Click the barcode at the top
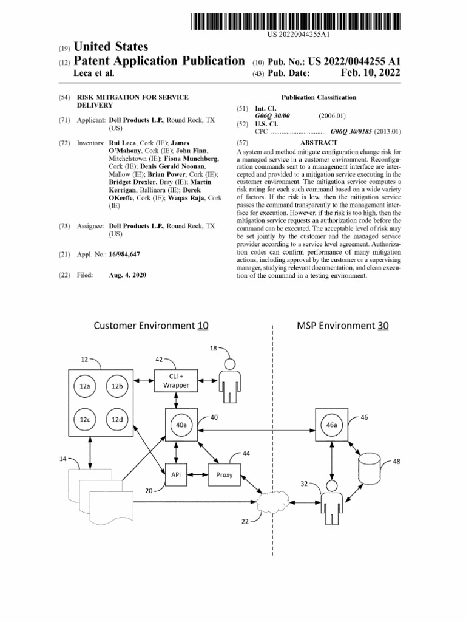coord(295,21)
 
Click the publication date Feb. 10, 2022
coord(371,73)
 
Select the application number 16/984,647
coord(124,255)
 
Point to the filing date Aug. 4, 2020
coord(127,275)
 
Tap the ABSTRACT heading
coord(319,142)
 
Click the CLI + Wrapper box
coord(176,381)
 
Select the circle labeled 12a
coord(85,386)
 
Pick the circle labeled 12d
coord(117,419)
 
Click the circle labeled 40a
coord(181,425)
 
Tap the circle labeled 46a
coord(331,425)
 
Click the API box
coord(176,474)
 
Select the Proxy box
coord(225,474)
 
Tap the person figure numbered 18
coord(230,381)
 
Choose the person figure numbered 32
coord(332,502)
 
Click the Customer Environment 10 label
coord(151,326)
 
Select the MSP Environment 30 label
coord(343,326)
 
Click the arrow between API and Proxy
coord(197,474)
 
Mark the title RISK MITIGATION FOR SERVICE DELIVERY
coord(133,101)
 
